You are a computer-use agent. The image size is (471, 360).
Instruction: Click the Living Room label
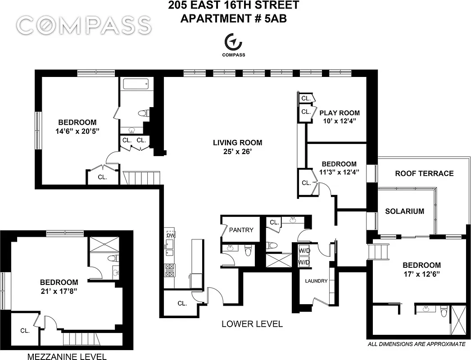pos(237,143)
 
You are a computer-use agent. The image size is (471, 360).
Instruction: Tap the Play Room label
pos(340,113)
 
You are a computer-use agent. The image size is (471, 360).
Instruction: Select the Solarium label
pos(404,211)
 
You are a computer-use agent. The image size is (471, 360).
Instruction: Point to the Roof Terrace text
pos(424,174)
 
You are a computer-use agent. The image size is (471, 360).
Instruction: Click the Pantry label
pos(241,230)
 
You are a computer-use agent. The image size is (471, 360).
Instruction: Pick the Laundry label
pos(316,281)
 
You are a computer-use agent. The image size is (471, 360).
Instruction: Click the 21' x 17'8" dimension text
pos(59,291)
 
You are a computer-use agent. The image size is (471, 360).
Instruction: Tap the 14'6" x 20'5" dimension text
pos(77,131)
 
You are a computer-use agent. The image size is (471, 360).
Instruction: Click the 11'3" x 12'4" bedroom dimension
pos(339,173)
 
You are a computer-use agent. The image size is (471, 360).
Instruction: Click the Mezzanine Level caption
pos(67,357)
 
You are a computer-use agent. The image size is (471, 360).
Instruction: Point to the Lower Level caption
pos(252,324)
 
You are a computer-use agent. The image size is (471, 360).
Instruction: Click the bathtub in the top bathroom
pos(135,84)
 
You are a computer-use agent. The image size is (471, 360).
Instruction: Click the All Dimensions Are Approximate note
pos(416,344)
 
